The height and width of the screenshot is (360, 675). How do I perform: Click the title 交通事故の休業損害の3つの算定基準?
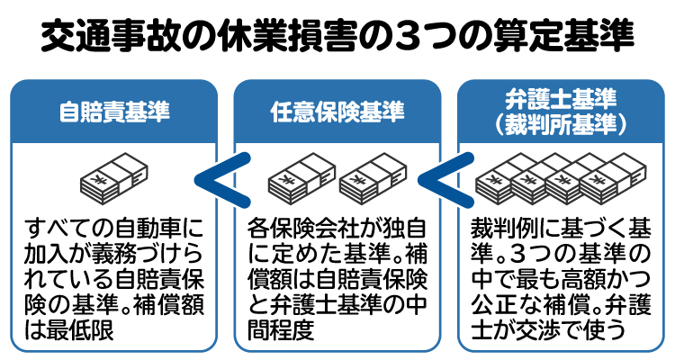coord(337,38)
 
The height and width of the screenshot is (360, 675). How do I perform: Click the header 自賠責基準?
coord(113,112)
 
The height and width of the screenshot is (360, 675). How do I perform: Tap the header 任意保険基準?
coord(337,112)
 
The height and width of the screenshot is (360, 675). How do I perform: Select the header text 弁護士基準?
coord(560,98)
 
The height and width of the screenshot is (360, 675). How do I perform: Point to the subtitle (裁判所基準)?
coord(560,123)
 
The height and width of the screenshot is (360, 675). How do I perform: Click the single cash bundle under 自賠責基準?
coord(115,179)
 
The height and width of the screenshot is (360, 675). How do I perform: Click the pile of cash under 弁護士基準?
coord(560,179)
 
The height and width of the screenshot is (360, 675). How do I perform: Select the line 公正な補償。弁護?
coord(560,303)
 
